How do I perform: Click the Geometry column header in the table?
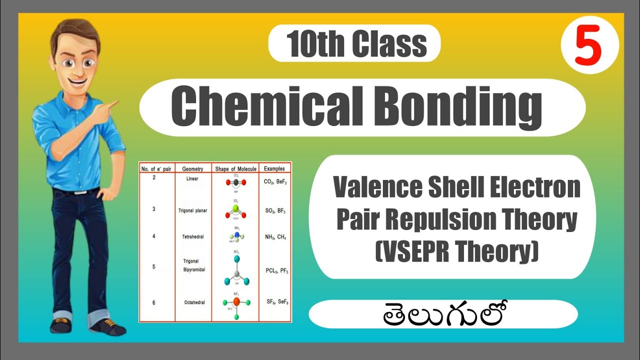pyautogui.click(x=192, y=169)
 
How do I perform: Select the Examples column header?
pyautogui.click(x=274, y=169)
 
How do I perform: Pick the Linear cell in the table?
pyautogui.click(x=192, y=178)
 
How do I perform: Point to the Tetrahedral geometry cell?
pyautogui.click(x=193, y=236)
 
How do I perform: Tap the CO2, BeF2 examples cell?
pyautogui.click(x=274, y=182)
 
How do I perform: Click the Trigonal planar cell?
pyautogui.click(x=192, y=210)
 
